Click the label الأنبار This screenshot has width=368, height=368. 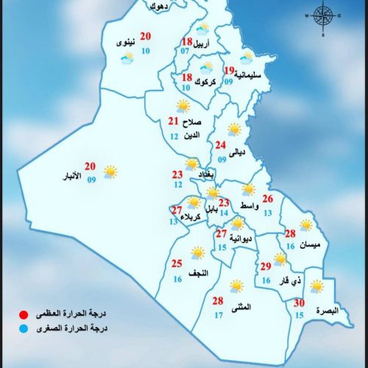tap(77, 177)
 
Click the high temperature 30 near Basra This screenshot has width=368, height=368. tap(299, 303)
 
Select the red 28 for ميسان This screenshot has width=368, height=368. tap(290, 234)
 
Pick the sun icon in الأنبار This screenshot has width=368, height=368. tap(110, 172)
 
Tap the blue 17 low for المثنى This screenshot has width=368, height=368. tap(219, 316)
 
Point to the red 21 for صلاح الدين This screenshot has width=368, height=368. tap(173, 122)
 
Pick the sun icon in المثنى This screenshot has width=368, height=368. tap(236, 286)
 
